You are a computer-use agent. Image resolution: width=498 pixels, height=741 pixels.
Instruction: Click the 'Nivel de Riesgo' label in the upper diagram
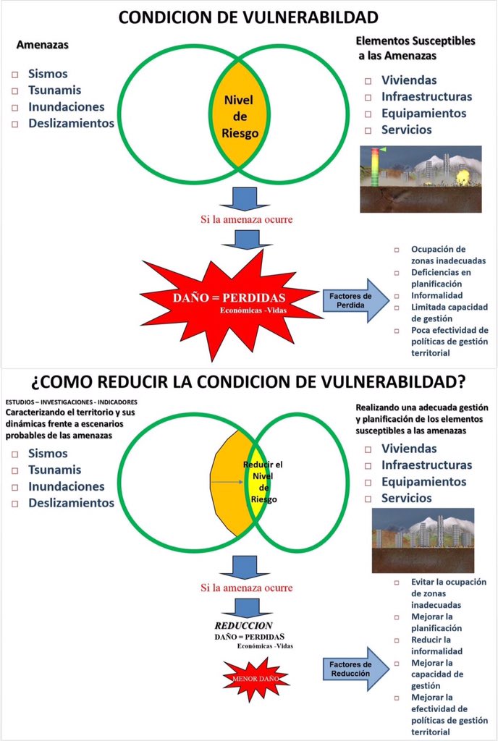pos(240,116)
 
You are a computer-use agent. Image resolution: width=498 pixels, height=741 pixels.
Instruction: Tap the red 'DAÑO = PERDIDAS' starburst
pos(229,302)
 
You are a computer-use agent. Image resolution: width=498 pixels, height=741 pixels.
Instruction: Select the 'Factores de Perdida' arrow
pos(354,300)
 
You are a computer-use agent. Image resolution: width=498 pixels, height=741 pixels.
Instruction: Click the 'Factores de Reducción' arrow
pos(354,669)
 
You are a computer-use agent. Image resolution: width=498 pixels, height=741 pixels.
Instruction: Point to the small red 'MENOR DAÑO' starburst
pos(254,680)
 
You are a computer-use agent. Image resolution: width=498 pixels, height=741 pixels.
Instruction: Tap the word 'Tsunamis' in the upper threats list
pos(54,90)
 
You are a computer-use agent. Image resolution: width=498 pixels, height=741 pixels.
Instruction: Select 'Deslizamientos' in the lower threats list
pos(71,502)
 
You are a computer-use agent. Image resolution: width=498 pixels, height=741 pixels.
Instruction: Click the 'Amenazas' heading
pos(43,45)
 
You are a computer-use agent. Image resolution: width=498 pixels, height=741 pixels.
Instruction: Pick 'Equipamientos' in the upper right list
pos(423,113)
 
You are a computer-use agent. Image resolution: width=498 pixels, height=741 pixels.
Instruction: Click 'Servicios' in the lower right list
pos(406,498)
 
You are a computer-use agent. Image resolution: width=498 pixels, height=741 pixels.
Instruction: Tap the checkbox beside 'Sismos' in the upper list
pos(15,75)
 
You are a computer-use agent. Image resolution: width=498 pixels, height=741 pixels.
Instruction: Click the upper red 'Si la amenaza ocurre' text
pos(247,219)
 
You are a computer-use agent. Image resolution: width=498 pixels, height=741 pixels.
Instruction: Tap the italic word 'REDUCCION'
pos(243,625)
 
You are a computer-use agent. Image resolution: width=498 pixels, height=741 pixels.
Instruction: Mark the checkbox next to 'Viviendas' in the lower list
pos(368,449)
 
